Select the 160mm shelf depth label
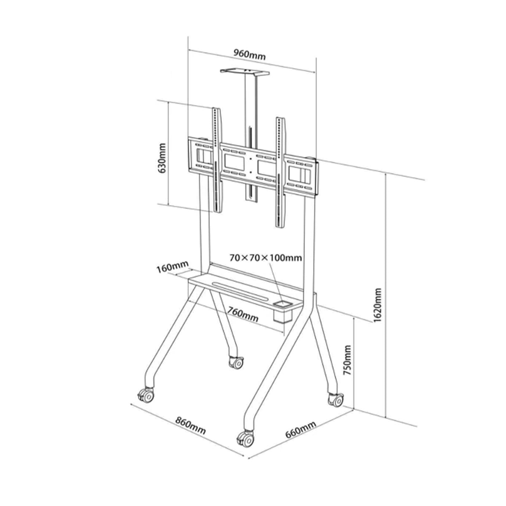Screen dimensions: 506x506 [172, 267]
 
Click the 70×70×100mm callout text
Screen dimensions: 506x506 [266, 258]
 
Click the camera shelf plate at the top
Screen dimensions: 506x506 [245, 72]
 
